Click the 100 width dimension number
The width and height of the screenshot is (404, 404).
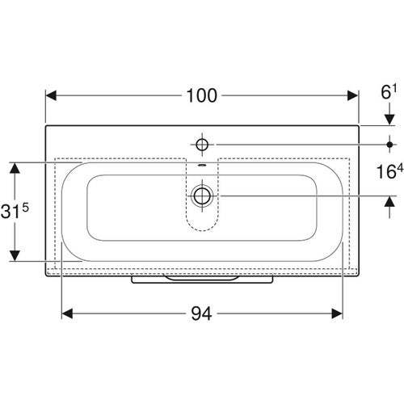201,95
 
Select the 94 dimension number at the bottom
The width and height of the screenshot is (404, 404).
201,314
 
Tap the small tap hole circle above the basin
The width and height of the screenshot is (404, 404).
202,145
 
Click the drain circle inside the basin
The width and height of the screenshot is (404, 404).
202,196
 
